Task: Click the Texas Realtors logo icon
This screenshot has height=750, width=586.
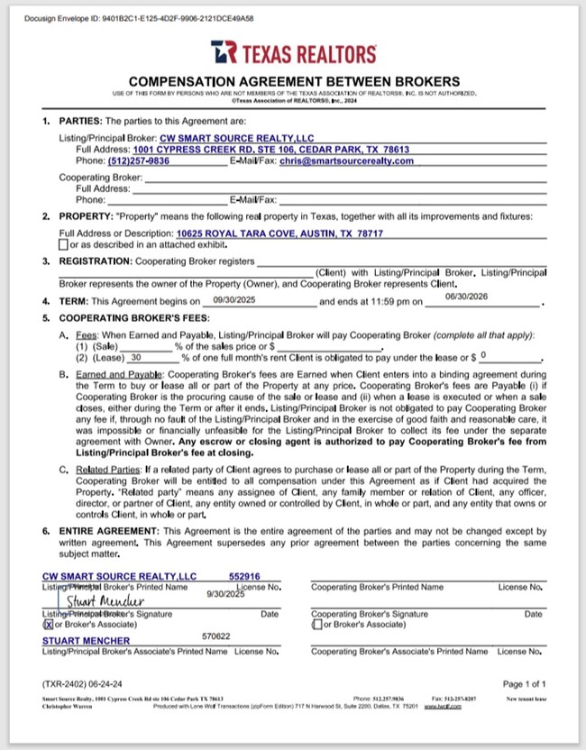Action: pyautogui.click(x=224, y=53)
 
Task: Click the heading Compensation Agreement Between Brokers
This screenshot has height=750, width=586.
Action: pyautogui.click(x=293, y=80)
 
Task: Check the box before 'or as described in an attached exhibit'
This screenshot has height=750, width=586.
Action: pyautogui.click(x=62, y=244)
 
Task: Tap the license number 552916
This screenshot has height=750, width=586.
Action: pyautogui.click(x=244, y=575)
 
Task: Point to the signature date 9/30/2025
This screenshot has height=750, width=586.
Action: pyautogui.click(x=225, y=595)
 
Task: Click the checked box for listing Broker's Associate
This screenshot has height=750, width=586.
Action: pyautogui.click(x=48, y=624)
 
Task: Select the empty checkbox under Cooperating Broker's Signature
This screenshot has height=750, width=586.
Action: pyautogui.click(x=316, y=624)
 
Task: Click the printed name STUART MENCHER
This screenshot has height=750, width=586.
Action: pyautogui.click(x=87, y=641)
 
